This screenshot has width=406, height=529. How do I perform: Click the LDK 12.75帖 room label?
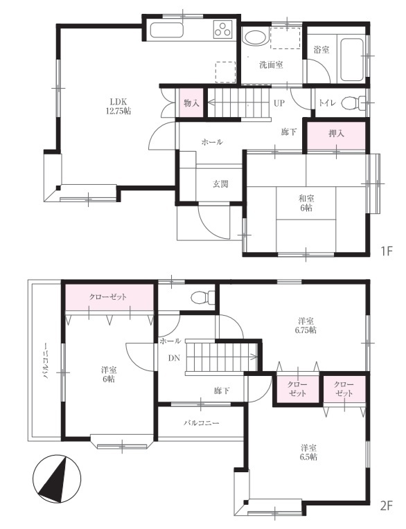[118, 106]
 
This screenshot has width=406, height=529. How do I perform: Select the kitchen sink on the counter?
[166, 30]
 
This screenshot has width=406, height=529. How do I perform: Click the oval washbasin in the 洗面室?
[255, 38]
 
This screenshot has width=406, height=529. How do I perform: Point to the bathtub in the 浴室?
[352, 60]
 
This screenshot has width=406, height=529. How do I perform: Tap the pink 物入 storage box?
[191, 102]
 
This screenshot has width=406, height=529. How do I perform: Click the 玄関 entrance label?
[220, 184]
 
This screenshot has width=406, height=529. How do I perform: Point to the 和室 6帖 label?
[306, 203]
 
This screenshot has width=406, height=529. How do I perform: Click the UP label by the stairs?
[279, 103]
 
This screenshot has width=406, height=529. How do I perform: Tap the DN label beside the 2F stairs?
[174, 358]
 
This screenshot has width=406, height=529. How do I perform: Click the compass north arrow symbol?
[57, 478]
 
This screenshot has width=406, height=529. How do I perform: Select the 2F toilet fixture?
[202, 297]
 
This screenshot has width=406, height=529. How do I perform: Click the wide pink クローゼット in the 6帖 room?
[109, 298]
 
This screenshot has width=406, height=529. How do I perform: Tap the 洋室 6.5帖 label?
[309, 452]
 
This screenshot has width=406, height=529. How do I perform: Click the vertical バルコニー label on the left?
[45, 360]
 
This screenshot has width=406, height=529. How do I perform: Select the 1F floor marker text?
[387, 251]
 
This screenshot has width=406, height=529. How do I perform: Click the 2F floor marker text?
[387, 506]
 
